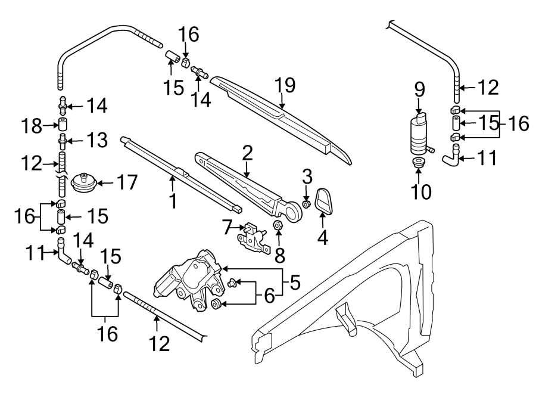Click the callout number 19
tap(285, 85)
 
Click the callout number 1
tap(173, 201)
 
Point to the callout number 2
tap(247, 153)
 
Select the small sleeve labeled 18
tap(63, 125)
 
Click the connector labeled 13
tap(63, 142)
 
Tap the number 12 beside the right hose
tap(488, 89)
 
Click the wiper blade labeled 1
tap(179, 179)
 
